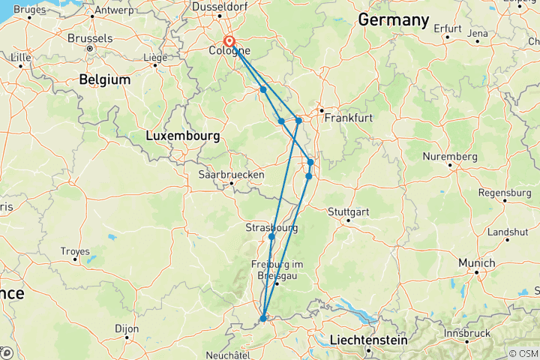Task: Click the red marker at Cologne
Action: [x=229, y=43]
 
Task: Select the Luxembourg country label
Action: [x=182, y=136]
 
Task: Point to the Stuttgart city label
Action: [x=349, y=211]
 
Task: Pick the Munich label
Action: [x=477, y=263]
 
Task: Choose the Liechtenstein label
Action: [x=367, y=340]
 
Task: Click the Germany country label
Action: [x=393, y=20]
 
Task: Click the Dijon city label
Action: [x=127, y=328]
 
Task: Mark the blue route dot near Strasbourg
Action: [x=271, y=237]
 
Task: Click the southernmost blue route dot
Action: [x=263, y=319]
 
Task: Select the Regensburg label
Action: [x=503, y=192]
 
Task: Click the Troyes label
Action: [x=75, y=251]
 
